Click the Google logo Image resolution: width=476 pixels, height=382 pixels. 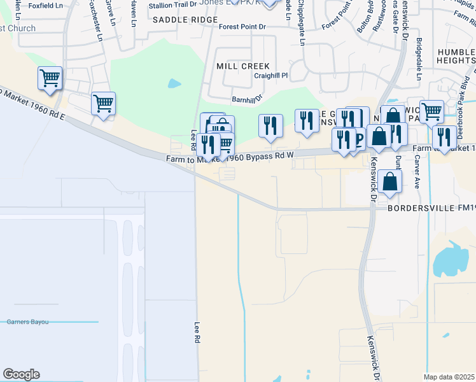(21, 374)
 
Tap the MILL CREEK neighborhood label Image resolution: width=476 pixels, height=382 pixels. (243, 66)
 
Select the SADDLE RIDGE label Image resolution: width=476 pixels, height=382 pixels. (176, 20)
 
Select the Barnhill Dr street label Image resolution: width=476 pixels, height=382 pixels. (248, 99)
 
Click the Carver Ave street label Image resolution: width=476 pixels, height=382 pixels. (417, 167)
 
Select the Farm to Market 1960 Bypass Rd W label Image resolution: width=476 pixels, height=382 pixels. (230, 158)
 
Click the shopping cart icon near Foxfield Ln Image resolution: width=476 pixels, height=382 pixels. (50, 78)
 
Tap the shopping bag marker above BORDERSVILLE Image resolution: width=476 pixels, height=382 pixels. (389, 181)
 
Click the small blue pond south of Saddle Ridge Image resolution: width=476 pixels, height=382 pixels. (174, 83)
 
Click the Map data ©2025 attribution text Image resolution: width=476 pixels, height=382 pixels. (449, 377)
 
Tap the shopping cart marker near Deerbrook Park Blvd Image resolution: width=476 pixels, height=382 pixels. (431, 111)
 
